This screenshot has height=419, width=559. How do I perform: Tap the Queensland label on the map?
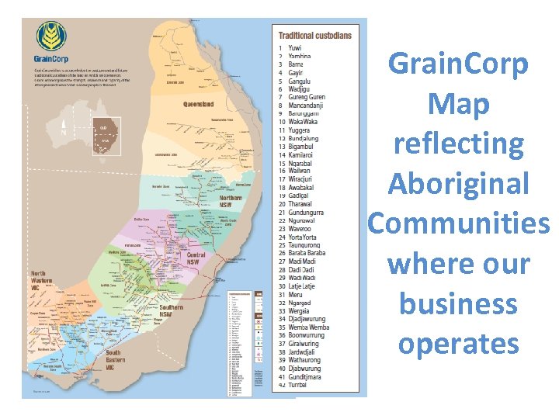tap(198, 103)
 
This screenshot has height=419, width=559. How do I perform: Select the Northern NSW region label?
tap(231, 201)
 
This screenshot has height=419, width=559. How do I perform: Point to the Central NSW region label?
tap(196, 258)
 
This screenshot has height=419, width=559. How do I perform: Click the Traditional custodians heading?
tap(314, 35)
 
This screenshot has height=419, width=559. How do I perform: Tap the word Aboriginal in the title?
tap(458, 184)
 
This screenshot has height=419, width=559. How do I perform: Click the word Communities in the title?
tap(458, 223)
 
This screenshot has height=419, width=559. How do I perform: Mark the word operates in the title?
tap(458, 343)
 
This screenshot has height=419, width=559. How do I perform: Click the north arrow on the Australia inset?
tap(64, 132)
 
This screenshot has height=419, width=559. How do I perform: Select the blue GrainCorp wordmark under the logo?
tap(52, 58)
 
